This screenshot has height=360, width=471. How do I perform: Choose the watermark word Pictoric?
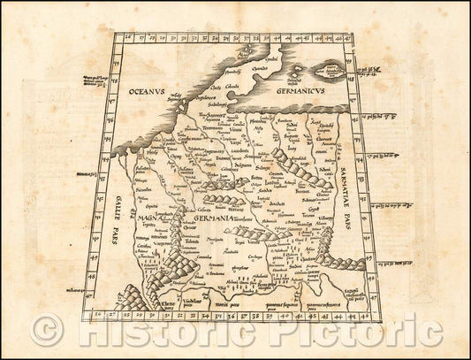click(x=353, y=332)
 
